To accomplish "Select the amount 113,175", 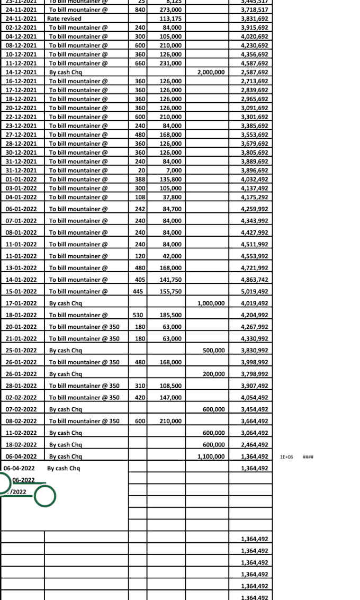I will pos(170,19).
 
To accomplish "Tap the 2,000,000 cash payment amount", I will pos(211,72).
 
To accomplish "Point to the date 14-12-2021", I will pos(21,72).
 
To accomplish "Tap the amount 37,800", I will pos(173,197).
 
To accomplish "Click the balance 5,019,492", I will pos(254,291).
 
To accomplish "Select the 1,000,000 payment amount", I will pos(211,303).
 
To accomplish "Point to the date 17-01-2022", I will pos(21,303).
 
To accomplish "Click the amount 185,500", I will pos(170,315).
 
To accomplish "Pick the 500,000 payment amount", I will pos(214,350).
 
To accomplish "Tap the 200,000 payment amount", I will pos(214,374).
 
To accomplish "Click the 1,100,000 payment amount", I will pos(211,456).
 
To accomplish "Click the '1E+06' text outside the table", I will pos(286,456).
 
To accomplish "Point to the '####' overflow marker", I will pos(308,456).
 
